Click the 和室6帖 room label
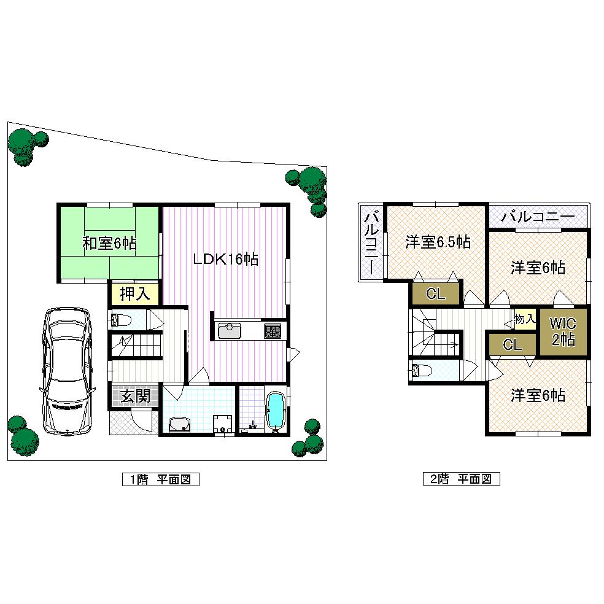pyautogui.click(x=109, y=243)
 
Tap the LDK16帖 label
pyautogui.click(x=225, y=259)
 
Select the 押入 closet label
pyautogui.click(x=134, y=294)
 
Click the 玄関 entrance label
pyautogui.click(x=134, y=396)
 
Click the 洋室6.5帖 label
pyautogui.click(x=438, y=242)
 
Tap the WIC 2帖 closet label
pyautogui.click(x=563, y=331)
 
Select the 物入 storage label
pyautogui.click(x=525, y=319)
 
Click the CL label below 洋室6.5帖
pyautogui.click(x=435, y=294)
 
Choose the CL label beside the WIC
pyautogui.click(x=512, y=344)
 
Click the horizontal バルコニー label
pyautogui.click(x=538, y=217)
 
